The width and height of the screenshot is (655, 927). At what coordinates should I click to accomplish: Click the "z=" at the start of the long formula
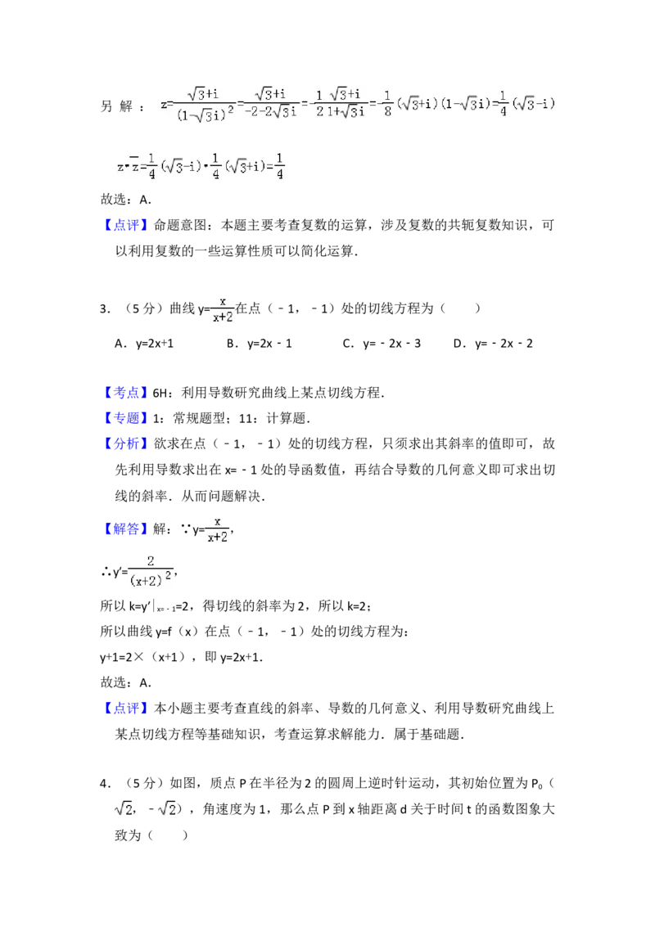[x=166, y=105]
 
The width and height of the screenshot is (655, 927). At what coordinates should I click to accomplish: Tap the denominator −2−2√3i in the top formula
[x=271, y=113]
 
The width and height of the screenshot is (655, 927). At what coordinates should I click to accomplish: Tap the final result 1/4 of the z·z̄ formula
[x=280, y=166]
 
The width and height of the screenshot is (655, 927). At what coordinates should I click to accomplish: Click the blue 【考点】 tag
[x=127, y=393]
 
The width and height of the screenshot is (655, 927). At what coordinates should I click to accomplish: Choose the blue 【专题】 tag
[x=127, y=418]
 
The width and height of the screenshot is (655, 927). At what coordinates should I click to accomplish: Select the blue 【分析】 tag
[x=127, y=443]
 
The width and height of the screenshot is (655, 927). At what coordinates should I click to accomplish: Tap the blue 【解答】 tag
[x=127, y=529]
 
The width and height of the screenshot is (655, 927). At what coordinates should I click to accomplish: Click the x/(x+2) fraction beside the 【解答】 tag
[x=219, y=528]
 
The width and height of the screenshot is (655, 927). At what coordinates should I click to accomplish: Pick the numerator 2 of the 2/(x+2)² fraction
[x=151, y=560]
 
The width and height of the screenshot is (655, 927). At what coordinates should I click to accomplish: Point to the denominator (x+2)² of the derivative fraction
[x=151, y=578]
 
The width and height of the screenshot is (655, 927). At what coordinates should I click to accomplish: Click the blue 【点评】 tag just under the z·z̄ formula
[x=127, y=225]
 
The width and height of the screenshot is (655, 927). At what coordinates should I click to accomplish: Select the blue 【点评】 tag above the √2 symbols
[x=127, y=709]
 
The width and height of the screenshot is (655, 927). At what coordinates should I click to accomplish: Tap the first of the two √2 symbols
[x=123, y=809]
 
